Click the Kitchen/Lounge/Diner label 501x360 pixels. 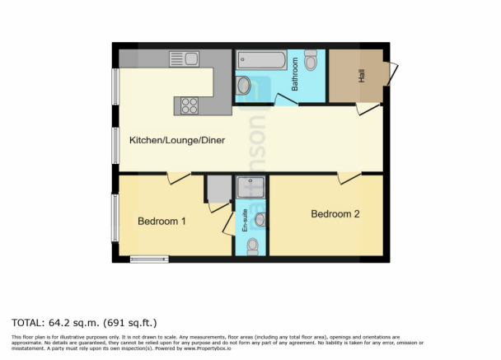(177, 140)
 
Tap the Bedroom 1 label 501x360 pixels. (162, 221)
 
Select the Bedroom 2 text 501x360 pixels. (335, 214)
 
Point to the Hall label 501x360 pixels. (361, 76)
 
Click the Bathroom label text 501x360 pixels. (293, 77)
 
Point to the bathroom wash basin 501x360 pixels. (246, 85)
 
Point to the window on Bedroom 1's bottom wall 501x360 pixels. (149, 259)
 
